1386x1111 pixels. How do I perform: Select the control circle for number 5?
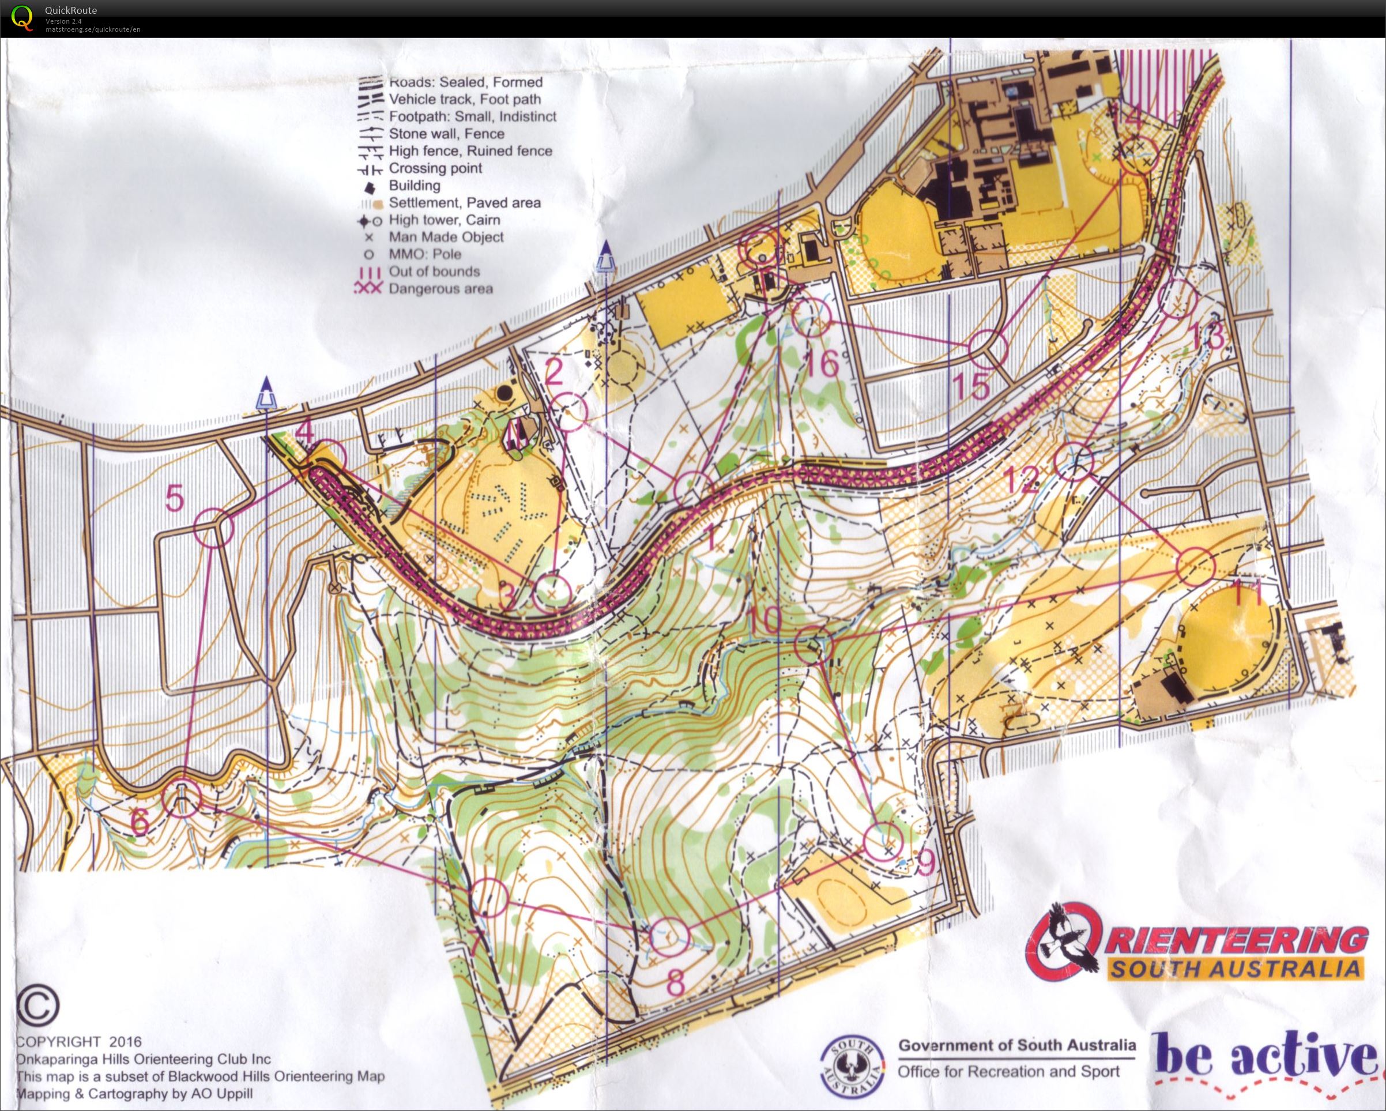[x=213, y=527]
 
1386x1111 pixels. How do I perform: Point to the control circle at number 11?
[x=1195, y=566]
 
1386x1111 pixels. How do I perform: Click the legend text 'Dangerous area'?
[x=440, y=289]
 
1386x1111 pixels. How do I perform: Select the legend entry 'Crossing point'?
[x=435, y=168]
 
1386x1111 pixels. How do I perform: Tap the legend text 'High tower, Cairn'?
[x=443, y=220]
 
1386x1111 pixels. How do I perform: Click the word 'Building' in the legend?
[x=415, y=186]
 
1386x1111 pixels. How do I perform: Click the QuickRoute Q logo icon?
[x=22, y=17]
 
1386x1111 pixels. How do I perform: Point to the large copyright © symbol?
[x=38, y=1006]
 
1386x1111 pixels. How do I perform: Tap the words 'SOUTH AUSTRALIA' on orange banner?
[x=1234, y=968]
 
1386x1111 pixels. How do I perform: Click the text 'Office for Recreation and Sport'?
[x=1008, y=1072]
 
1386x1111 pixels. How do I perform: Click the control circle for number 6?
[x=182, y=799]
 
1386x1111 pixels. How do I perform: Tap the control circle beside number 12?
[x=1074, y=462]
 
